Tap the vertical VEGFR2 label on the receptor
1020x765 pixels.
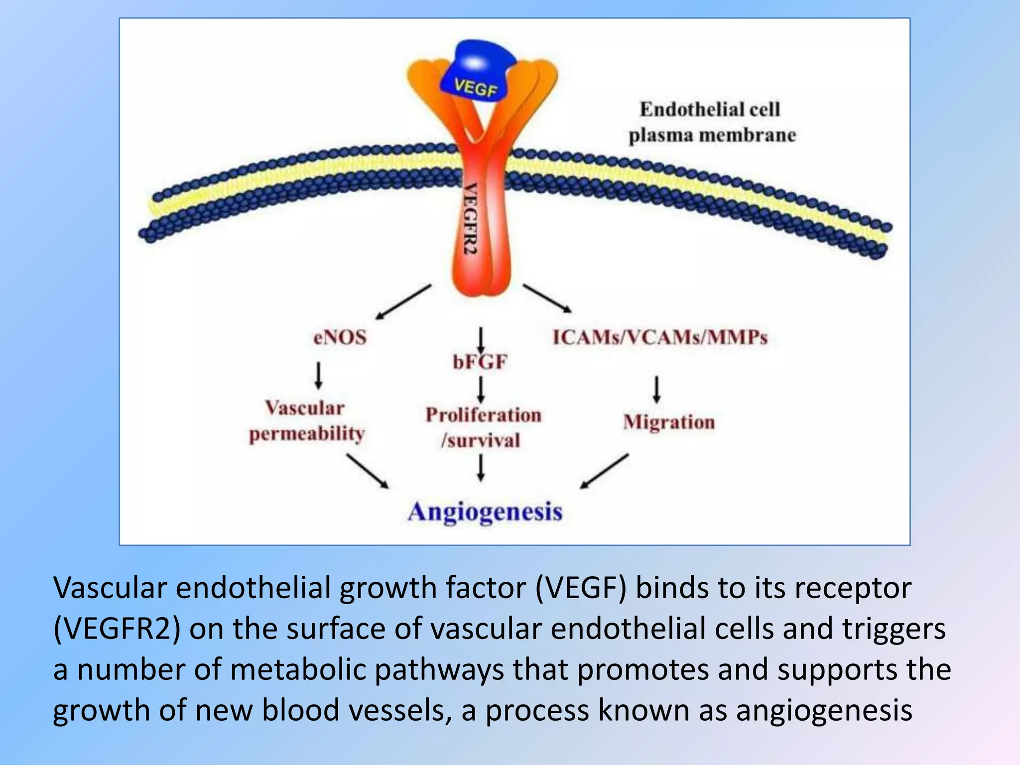(471, 219)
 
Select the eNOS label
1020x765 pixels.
(340, 338)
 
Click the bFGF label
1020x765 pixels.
(480, 362)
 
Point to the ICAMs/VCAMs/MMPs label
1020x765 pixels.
(660, 338)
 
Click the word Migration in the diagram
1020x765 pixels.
(669, 422)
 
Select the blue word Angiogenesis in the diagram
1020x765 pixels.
(485, 512)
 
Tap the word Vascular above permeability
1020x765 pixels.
(304, 408)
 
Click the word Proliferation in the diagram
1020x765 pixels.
(483, 415)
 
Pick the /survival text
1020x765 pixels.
(481, 440)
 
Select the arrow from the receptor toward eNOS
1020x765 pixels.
(403, 302)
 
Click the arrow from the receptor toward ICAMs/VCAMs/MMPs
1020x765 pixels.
(547, 299)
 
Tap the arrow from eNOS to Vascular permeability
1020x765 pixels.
(319, 376)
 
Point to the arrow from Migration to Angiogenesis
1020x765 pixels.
(604, 471)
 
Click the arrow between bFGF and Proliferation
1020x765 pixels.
(481, 389)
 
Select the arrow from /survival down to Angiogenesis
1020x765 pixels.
(481, 469)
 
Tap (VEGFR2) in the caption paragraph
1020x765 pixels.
(117, 629)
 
